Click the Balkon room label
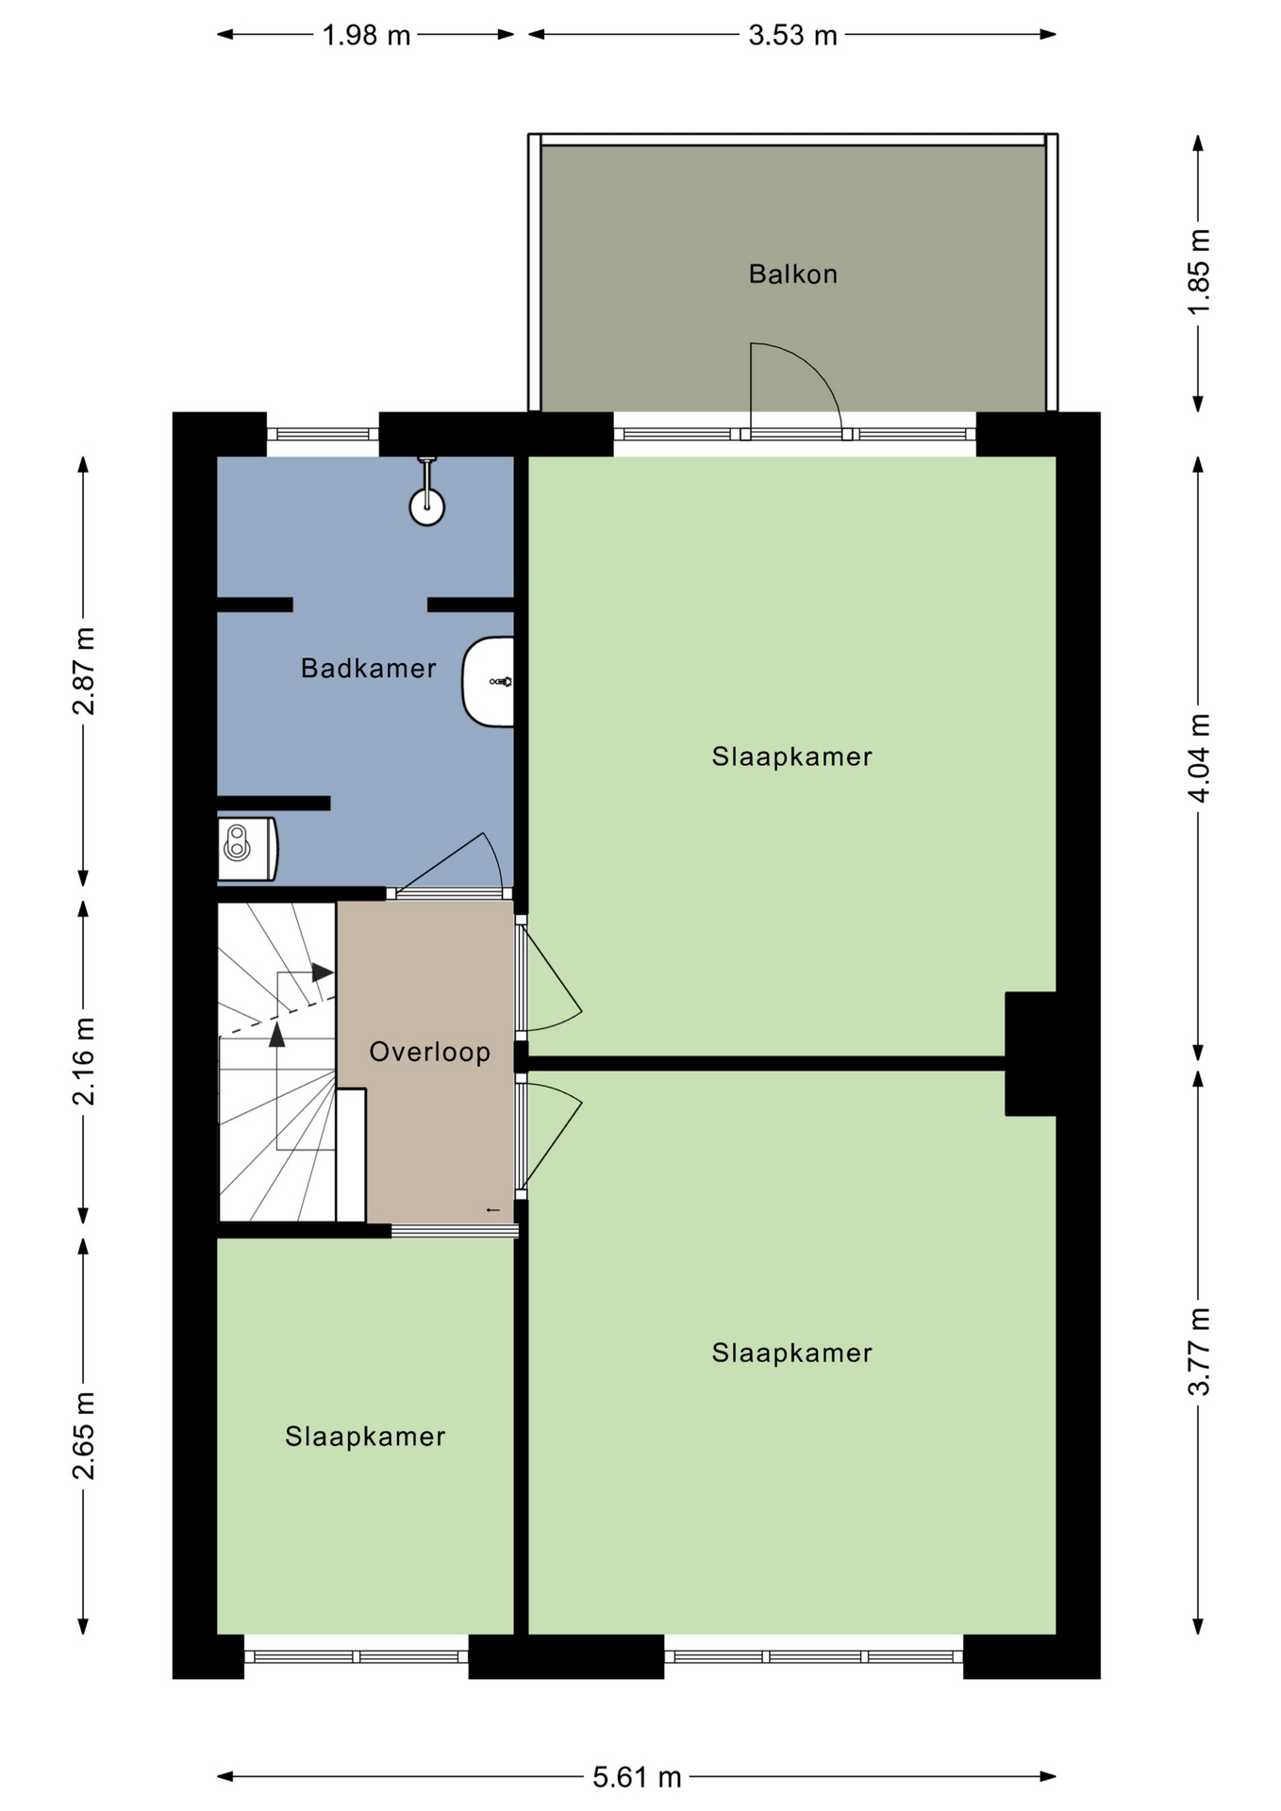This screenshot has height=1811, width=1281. pos(792,274)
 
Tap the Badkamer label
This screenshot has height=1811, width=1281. pos(368,669)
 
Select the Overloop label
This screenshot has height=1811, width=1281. pos(429,1052)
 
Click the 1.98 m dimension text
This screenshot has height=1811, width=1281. pos(366,35)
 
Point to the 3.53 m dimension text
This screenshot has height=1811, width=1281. pos(792,35)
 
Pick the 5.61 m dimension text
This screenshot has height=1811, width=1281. pos(637,1777)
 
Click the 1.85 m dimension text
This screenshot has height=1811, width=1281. pos(1198,273)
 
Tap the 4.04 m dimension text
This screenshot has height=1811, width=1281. pos(1198,758)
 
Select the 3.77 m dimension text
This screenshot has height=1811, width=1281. pos(1198,1352)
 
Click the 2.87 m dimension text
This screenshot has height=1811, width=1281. pos(83,671)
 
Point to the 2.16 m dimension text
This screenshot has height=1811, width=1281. pos(83,1061)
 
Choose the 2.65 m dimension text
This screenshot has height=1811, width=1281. pos(83,1436)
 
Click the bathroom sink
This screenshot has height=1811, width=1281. pos(489,682)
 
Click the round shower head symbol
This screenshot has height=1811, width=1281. pos(426,507)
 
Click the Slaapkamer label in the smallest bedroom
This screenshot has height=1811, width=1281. pos(365,1437)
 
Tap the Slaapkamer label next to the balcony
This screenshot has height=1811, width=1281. pos(792,756)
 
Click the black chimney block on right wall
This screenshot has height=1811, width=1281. pos(1030,1054)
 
